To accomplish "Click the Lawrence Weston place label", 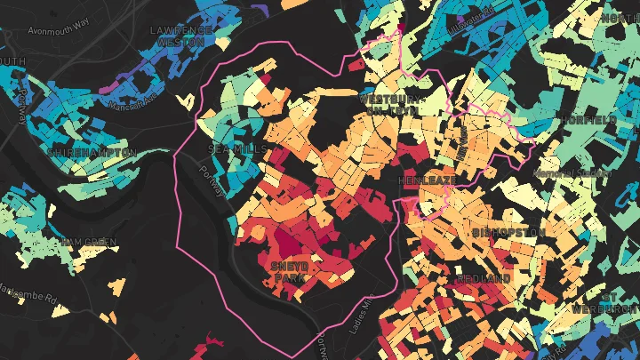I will tap(181, 35).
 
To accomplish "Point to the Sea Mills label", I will tap(236, 148).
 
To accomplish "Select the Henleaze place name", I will tap(427, 180).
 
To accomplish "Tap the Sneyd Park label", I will tap(289, 271).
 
